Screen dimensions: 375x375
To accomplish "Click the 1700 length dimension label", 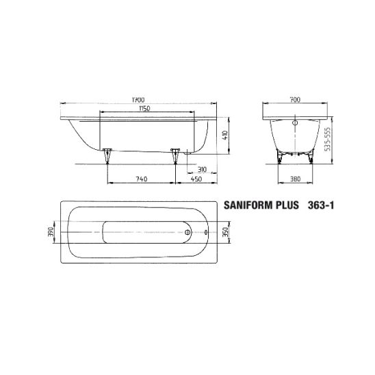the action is point(138,100).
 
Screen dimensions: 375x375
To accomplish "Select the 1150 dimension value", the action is point(144,109).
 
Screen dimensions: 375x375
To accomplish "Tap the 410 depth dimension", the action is point(226,135).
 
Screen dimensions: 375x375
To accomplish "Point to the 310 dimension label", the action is point(202,170).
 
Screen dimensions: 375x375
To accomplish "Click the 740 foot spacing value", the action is point(142,179).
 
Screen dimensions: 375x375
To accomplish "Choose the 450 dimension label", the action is point(196,179).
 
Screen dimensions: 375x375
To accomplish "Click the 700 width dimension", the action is point(295,100).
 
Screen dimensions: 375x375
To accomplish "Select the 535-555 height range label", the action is point(327,139).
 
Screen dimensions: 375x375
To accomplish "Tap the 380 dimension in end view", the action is point(295,179).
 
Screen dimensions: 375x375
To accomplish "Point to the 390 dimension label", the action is point(51,232).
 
